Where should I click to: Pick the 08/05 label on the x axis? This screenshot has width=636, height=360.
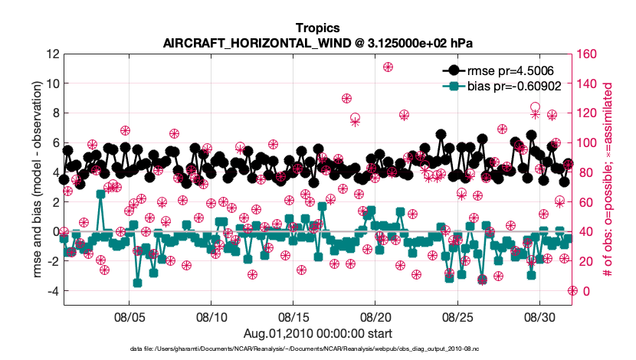(x=129, y=316)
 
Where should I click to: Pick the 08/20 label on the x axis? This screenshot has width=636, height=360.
(x=375, y=316)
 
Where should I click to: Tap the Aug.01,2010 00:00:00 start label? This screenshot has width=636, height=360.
(x=318, y=333)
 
